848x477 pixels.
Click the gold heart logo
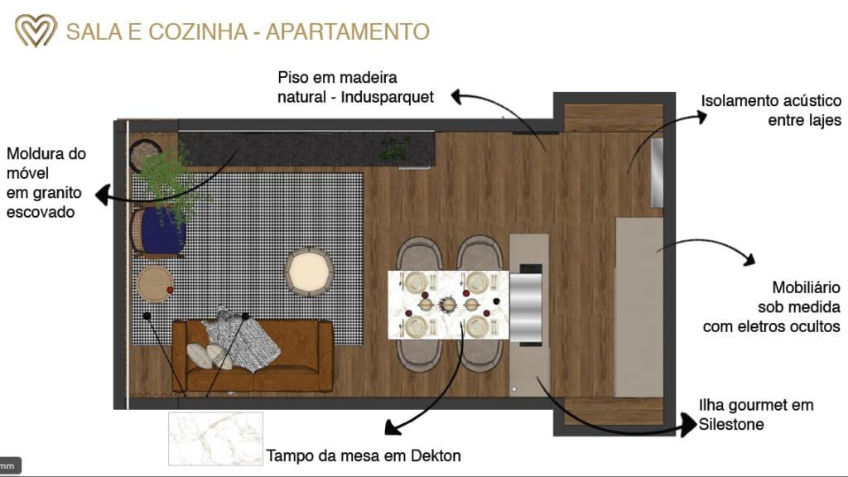click(x=36, y=31)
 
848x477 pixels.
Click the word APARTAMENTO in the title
click(x=347, y=32)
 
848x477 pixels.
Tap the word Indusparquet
click(x=388, y=98)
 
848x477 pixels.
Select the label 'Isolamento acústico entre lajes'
click(x=771, y=110)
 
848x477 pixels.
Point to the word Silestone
click(x=731, y=424)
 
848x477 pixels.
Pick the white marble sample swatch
click(x=215, y=438)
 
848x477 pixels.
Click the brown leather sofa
click(x=253, y=355)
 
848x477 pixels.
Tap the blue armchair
click(x=159, y=232)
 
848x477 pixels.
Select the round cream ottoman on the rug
click(x=309, y=272)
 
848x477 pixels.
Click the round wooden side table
click(x=155, y=284)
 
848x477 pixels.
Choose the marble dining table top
click(x=448, y=305)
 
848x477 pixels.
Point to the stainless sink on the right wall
click(x=657, y=172)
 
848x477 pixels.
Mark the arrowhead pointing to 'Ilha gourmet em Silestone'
click(x=689, y=425)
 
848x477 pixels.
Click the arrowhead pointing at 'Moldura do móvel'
click(x=103, y=195)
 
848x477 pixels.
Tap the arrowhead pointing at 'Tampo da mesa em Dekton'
click(x=393, y=427)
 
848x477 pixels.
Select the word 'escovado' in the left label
click(x=41, y=212)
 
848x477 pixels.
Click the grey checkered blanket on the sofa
click(x=241, y=339)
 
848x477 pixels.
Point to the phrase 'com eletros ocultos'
click(x=771, y=326)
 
